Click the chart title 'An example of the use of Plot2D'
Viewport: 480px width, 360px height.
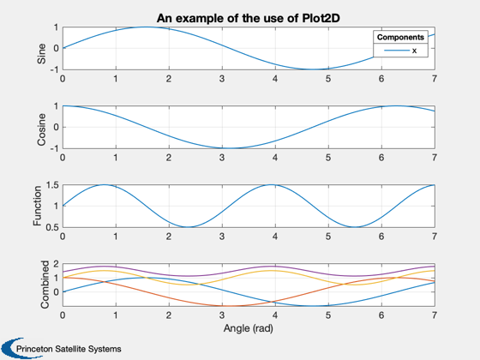point(249,18)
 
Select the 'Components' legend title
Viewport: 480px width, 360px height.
point(400,38)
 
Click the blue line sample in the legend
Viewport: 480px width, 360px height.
point(397,51)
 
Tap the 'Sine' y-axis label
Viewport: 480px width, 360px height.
point(41,53)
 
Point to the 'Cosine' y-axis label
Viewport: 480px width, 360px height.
point(41,129)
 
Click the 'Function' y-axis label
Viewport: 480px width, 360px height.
point(38,206)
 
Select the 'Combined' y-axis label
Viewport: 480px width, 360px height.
point(45,285)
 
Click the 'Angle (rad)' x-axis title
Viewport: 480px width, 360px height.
point(249,328)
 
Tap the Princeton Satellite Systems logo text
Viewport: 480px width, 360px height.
point(69,349)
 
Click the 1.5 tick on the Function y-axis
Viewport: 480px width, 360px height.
point(52,185)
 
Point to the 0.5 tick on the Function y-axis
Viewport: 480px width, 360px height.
point(52,227)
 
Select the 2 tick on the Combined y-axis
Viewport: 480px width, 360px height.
point(56,264)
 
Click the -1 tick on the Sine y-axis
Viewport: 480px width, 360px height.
point(54,69)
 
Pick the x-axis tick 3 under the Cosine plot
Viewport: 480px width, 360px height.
point(222,158)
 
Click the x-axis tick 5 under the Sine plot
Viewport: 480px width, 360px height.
point(328,79)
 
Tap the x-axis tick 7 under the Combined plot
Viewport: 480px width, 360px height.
point(435,315)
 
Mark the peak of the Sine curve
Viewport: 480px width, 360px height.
point(146,27)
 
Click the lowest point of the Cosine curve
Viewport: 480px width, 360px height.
point(230,148)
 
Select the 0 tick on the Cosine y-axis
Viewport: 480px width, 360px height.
point(56,128)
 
